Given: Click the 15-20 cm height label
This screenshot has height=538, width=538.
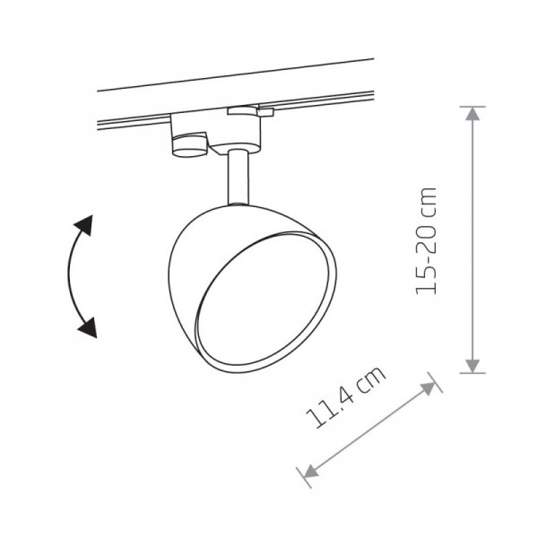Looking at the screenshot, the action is click(427, 241).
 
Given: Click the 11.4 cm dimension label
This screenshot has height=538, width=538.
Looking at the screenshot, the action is click(345, 397).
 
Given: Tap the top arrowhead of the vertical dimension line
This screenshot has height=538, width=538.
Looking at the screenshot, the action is click(473, 114).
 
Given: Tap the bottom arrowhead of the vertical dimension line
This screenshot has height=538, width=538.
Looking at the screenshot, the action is click(473, 366).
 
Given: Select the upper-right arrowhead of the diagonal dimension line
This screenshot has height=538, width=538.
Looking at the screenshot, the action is click(429, 388).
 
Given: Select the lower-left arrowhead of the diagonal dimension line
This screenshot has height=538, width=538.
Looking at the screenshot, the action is click(310, 471).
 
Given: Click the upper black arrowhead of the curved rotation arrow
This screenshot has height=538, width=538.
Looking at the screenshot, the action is click(84, 225).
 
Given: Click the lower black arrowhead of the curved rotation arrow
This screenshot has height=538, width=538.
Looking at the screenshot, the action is click(88, 327).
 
